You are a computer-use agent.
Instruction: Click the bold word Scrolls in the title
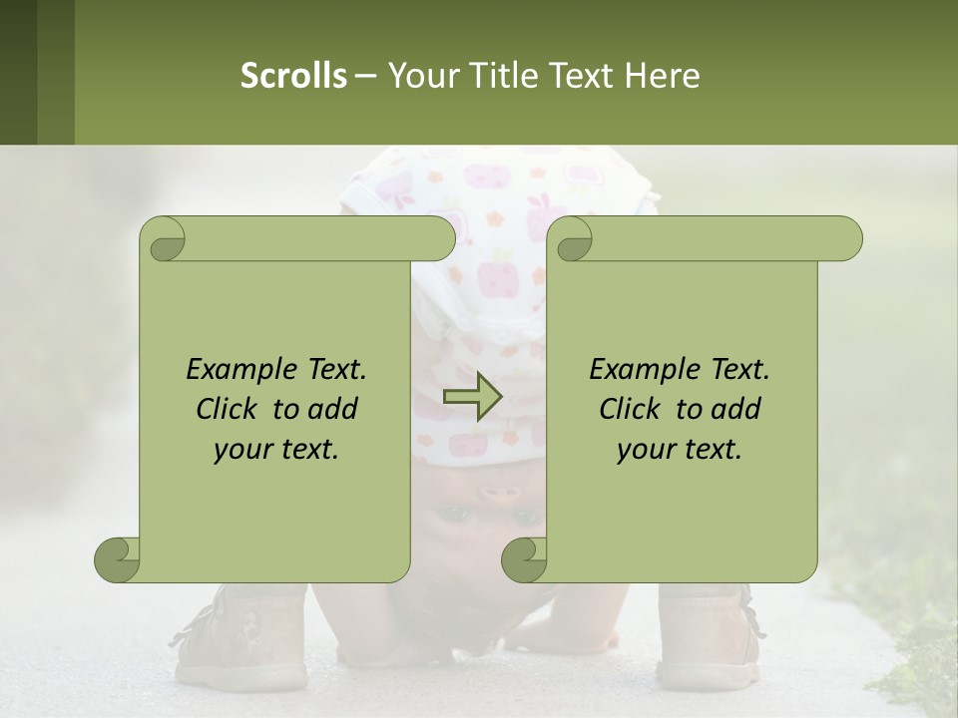coord(293,76)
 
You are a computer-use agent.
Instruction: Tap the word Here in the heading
coord(663,76)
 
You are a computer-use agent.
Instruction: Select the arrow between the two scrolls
coord(472,396)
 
